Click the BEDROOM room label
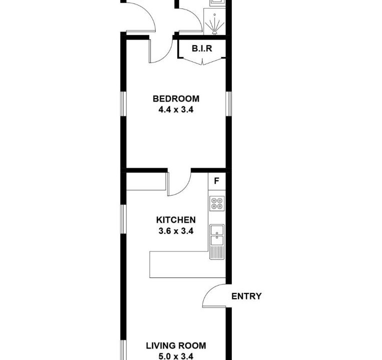click(x=176, y=99)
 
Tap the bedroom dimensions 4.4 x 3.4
click(x=176, y=109)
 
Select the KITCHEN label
click(x=176, y=220)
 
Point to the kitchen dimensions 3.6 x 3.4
click(x=176, y=231)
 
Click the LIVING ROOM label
click(x=176, y=345)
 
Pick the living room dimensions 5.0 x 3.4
click(x=176, y=356)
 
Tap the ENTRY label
click(x=246, y=296)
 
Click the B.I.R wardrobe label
click(x=202, y=48)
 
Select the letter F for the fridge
click(x=217, y=181)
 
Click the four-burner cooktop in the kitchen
click(x=217, y=203)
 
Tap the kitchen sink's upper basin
click(x=217, y=229)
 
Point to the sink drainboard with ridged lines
click(x=217, y=252)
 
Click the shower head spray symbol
click(x=215, y=24)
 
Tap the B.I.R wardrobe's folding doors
click(x=202, y=62)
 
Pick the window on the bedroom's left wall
click(x=124, y=104)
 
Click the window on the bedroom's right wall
click(x=228, y=104)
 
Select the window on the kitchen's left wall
click(x=124, y=219)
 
